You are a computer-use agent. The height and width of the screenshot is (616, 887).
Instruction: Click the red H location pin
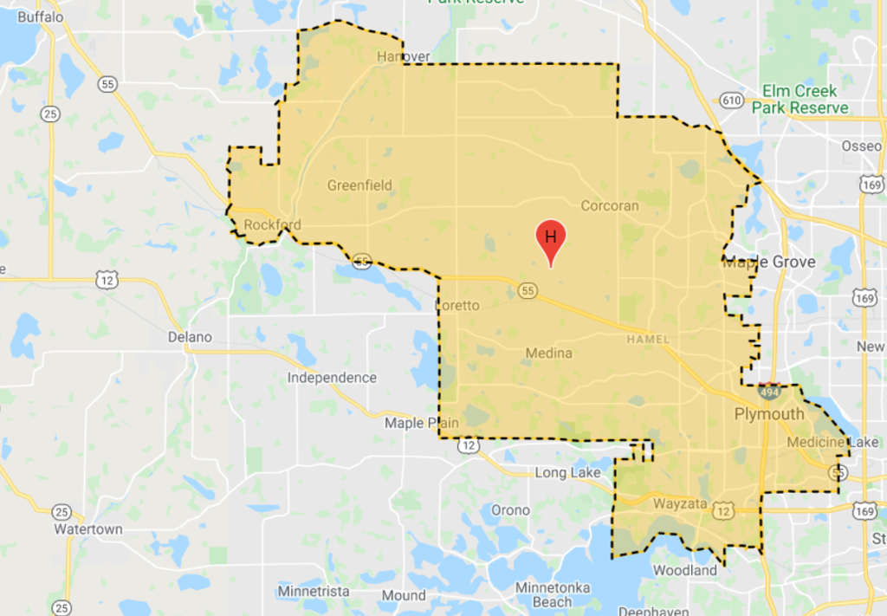[x=550, y=239]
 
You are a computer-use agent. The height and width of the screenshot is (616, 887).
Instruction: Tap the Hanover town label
[x=404, y=57]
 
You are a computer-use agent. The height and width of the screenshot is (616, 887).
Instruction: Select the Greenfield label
[x=359, y=185]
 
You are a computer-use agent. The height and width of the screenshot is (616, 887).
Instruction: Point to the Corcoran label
[x=610, y=205]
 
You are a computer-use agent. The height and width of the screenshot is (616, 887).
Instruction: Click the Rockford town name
[x=272, y=225]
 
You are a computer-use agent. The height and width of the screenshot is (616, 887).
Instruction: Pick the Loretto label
[x=456, y=305]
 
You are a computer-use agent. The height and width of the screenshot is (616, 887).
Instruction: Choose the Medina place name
[x=548, y=353]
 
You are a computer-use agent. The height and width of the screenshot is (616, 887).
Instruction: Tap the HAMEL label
[x=647, y=340]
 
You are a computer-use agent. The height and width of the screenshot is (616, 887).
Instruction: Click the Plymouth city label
[x=769, y=414]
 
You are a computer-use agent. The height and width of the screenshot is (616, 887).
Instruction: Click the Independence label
[x=332, y=378]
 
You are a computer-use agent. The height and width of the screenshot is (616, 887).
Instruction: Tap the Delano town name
[x=190, y=336]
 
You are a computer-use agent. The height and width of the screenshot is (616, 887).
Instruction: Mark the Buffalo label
[x=41, y=16]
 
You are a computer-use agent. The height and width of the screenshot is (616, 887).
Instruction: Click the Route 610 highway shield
[x=731, y=101]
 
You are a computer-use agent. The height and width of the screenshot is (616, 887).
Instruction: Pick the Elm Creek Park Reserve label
[x=800, y=100]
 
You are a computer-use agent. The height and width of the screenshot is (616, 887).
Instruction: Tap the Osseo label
[x=861, y=146]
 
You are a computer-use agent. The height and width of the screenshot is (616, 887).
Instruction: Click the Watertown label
[x=87, y=528]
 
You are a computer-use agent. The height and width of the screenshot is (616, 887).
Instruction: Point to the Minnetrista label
[x=314, y=591]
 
